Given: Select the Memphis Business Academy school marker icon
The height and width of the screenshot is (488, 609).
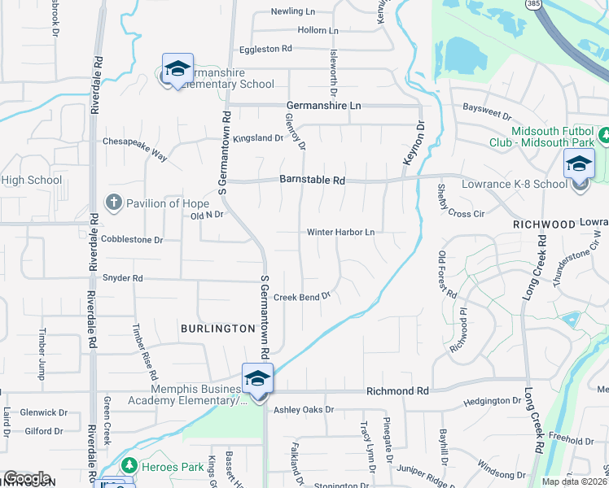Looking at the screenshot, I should pos(257,378).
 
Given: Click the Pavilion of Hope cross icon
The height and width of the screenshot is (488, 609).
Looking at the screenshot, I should pos(114,202).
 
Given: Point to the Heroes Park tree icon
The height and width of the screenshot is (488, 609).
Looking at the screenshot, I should pos(128,465).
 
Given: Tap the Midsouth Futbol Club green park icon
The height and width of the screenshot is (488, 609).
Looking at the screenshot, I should pos(603,134).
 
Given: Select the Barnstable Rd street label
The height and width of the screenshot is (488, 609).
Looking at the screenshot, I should pos(313,180).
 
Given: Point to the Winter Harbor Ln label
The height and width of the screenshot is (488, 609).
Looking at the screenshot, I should pos(340,232).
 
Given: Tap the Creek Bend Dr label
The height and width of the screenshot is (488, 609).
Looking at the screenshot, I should pos(301,297).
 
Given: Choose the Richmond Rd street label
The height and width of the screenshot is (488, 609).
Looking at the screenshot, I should pos(397,391).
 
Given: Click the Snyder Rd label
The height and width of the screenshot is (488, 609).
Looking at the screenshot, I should pos(122,278).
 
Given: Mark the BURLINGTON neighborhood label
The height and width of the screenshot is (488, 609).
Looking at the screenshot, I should pos(218,329).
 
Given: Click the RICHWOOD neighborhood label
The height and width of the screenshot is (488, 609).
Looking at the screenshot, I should pos(538,223).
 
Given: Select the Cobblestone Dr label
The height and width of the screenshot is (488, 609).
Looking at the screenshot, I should pos(132,240).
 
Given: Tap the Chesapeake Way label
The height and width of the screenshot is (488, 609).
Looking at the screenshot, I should pos(134,141).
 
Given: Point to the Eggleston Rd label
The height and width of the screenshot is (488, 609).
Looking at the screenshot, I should pos(265,50).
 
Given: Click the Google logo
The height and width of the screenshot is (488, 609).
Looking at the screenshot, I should pos(27,478).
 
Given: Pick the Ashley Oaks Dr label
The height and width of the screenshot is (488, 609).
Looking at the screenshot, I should pos(304,410).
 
